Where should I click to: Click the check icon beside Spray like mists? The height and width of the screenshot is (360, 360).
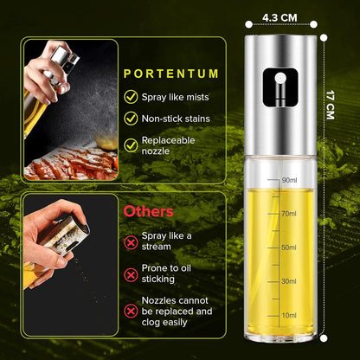pos(131,98)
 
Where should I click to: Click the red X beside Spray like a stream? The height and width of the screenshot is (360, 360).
pos(131,240)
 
